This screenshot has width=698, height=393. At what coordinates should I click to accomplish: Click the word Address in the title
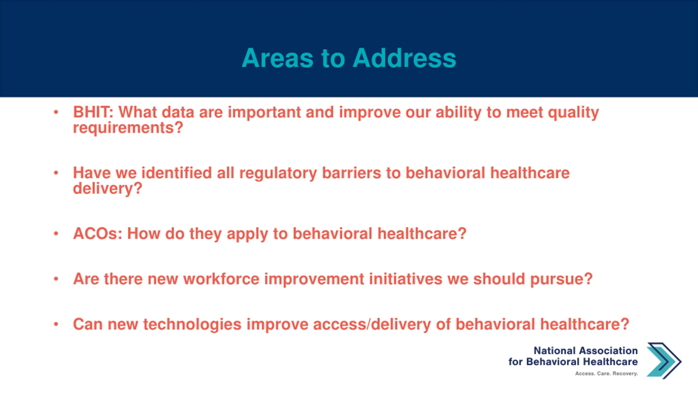point(404,58)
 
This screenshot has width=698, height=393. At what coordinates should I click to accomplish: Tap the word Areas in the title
point(278,58)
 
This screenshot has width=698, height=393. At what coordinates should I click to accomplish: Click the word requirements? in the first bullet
point(128,128)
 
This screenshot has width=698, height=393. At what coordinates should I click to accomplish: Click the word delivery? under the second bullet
point(107,189)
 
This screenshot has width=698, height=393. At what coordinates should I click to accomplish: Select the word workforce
point(221,279)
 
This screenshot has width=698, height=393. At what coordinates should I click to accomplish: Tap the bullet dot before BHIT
point(56,112)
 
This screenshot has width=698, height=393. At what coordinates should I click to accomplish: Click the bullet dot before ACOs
point(56,234)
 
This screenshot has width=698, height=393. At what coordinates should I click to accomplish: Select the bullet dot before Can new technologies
point(56,324)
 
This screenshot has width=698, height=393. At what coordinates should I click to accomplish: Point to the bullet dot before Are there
point(56,279)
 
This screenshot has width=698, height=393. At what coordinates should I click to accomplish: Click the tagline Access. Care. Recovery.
point(607,373)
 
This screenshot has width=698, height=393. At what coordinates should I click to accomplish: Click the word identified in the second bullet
point(176,173)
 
